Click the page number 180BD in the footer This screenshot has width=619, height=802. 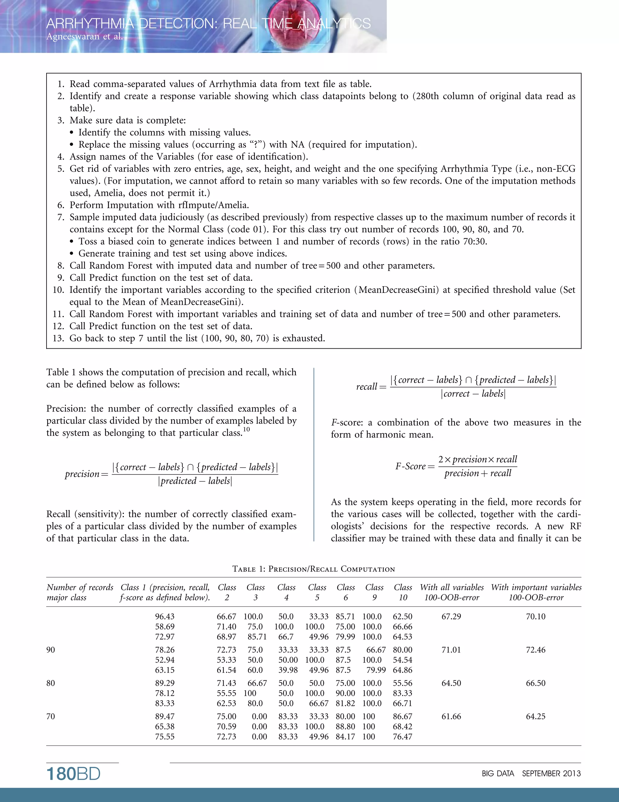coord(73,774)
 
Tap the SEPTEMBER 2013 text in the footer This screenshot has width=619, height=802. coord(551,774)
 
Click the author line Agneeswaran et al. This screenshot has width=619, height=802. coord(84,36)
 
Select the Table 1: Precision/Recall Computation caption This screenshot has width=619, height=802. coord(313,569)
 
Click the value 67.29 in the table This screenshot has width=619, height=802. coord(451,616)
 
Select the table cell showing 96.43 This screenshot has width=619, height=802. coord(165,616)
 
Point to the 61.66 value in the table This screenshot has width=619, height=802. coord(451,716)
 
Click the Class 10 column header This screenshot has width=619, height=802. coord(403,592)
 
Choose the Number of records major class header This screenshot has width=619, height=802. coord(79,592)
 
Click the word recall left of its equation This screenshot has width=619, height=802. coord(366,387)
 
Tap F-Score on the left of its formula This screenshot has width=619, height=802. coord(410,466)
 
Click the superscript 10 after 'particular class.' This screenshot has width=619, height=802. coord(246,429)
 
